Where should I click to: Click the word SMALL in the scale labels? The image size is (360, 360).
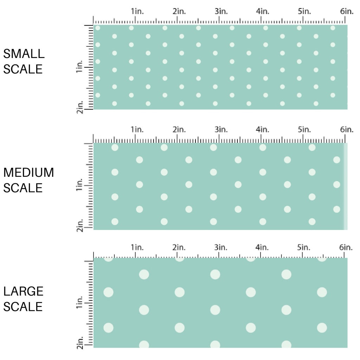pyautogui.click(x=24, y=54)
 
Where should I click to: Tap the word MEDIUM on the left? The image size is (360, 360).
pyautogui.click(x=28, y=173)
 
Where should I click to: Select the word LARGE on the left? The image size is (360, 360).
pyautogui.click(x=24, y=291)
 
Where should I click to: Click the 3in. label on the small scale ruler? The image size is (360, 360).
pyautogui.click(x=221, y=11)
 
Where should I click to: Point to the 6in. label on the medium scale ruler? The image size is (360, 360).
pyautogui.click(x=347, y=129)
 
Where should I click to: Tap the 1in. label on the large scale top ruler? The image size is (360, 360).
pyautogui.click(x=137, y=247)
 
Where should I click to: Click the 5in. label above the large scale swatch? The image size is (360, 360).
pyautogui.click(x=304, y=247)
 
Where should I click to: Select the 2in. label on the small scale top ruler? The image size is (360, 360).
pyautogui.click(x=179, y=11)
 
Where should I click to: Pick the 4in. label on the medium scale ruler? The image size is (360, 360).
pyautogui.click(x=263, y=129)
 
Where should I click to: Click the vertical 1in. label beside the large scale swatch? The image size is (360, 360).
pyautogui.click(x=79, y=303)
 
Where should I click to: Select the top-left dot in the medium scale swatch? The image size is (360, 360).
pyautogui.click(x=115, y=147)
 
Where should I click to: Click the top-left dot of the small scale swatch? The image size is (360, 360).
pyautogui.click(x=98, y=28)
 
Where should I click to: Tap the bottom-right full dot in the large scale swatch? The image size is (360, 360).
pyautogui.click(x=322, y=328)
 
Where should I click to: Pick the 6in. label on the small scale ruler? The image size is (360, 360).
pyautogui.click(x=347, y=11)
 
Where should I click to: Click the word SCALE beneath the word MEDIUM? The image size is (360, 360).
pyautogui.click(x=23, y=188)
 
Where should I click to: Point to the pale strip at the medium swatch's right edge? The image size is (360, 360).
pyautogui.click(x=346, y=186)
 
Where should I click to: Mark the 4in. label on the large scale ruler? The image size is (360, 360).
pyautogui.click(x=262, y=247)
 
